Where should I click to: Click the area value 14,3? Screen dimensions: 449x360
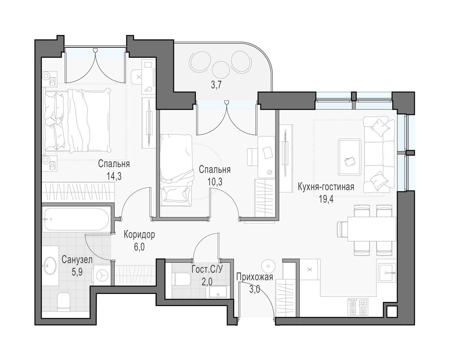pos(114,176)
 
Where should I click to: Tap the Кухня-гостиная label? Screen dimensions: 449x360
pos(326,187)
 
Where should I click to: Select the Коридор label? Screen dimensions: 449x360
pos(139,234)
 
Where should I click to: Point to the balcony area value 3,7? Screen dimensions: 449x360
pos(216,85)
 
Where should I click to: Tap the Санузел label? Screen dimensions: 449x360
pos(77,260)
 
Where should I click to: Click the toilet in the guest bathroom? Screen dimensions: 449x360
pos(182,279)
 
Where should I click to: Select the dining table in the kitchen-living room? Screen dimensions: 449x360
pos(371,229)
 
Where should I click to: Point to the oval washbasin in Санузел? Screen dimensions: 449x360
pos(50,266)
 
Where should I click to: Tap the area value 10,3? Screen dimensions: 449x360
pos(215,182)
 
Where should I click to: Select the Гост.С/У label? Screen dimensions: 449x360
pos(207,269)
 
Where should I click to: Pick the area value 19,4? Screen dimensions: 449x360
pos(326,199)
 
